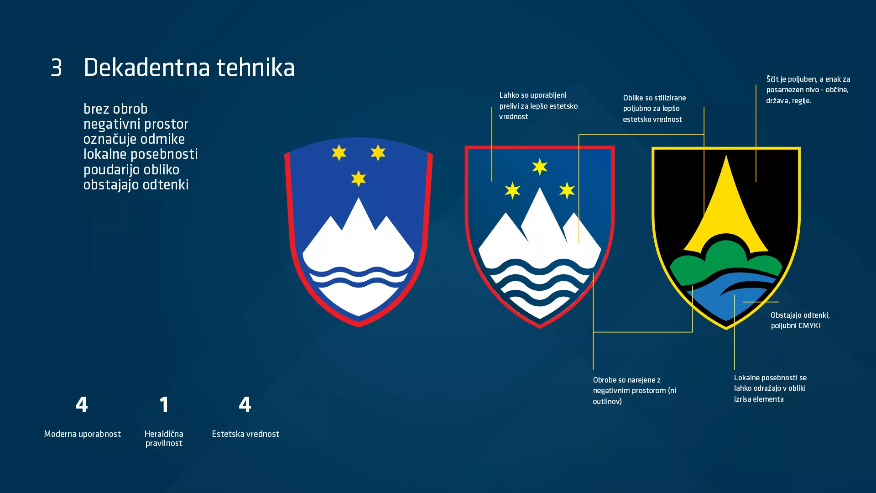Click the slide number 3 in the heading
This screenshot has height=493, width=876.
(56, 68)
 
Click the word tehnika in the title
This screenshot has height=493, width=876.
(255, 68)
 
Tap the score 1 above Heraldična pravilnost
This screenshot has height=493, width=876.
(164, 404)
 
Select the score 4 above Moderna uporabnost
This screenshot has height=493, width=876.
(82, 404)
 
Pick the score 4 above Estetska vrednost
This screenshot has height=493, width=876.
(245, 404)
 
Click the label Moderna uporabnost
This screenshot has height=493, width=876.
(83, 434)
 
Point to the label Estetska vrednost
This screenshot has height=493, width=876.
(245, 434)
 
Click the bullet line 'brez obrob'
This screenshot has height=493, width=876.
(115, 109)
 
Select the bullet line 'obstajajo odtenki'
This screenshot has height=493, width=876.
(136, 185)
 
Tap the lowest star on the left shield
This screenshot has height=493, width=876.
(359, 178)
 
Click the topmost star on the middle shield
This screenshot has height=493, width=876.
(540, 167)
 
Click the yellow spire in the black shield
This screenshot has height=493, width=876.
(726, 201)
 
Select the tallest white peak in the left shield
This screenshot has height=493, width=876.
(359, 219)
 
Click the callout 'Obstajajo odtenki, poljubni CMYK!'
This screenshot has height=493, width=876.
(800, 320)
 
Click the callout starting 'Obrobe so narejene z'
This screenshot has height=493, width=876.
(634, 390)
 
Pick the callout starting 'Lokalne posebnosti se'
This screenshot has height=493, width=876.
(770, 388)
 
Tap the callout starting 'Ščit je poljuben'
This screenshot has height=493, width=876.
(808, 90)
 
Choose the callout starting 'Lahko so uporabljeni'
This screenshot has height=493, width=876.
(538, 106)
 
